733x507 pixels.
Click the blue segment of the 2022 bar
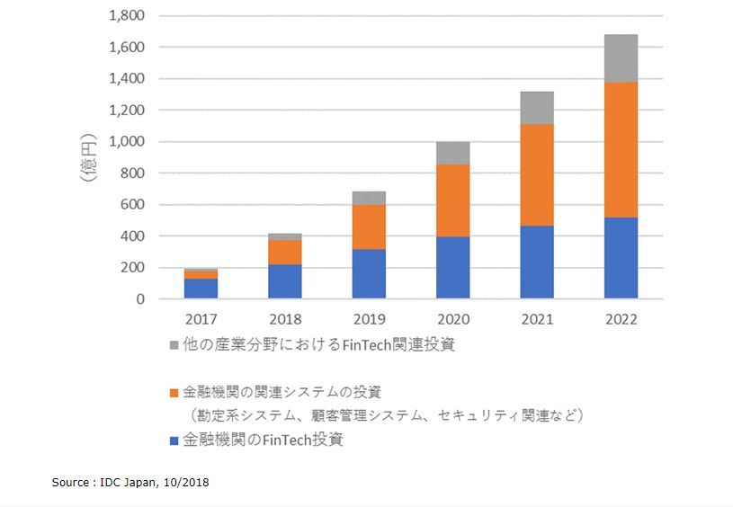(621, 258)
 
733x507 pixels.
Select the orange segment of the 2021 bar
(537, 174)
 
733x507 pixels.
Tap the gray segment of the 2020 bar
(452, 153)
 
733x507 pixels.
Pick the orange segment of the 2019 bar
(369, 227)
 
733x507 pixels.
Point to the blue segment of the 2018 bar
(284, 281)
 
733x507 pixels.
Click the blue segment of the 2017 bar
(201, 289)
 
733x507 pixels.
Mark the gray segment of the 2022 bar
(621, 58)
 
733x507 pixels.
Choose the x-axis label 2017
(201, 319)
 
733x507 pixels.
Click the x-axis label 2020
(452, 319)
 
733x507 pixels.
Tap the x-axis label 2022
(621, 319)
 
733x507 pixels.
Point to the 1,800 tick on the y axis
(127, 15)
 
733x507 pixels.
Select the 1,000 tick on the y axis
(127, 141)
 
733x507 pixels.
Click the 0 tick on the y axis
(140, 299)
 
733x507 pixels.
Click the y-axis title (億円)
(87, 157)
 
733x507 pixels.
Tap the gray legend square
(173, 345)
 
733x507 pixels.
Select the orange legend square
(173, 393)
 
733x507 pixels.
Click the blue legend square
(173, 440)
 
